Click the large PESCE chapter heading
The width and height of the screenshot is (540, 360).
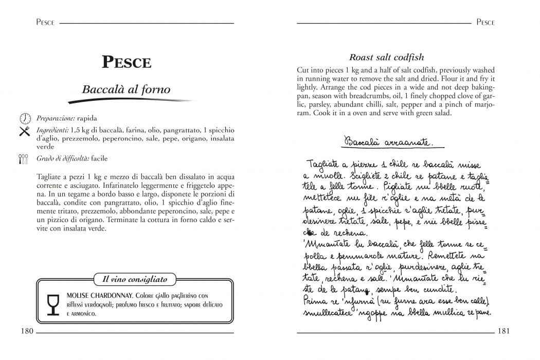pyautogui.click(x=127, y=62)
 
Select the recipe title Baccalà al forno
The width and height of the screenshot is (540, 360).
pyautogui.click(x=126, y=89)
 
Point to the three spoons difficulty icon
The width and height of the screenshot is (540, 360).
pyautogui.click(x=24, y=159)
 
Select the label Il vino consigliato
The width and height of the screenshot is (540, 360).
pyautogui.click(x=135, y=279)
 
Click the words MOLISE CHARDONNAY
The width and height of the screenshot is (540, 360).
pyautogui.click(x=99, y=296)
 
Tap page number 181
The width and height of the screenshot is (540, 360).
pyautogui.click(x=503, y=331)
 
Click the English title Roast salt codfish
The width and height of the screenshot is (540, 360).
pyautogui.click(x=387, y=57)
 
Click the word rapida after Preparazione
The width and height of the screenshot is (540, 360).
pyautogui.click(x=87, y=118)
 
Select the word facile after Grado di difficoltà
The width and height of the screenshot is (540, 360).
pyautogui.click(x=99, y=158)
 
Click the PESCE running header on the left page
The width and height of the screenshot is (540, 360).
pyautogui.click(x=46, y=23)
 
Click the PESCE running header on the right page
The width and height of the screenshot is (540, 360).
pyautogui.click(x=485, y=23)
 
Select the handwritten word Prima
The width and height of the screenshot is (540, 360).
pyautogui.click(x=315, y=300)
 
